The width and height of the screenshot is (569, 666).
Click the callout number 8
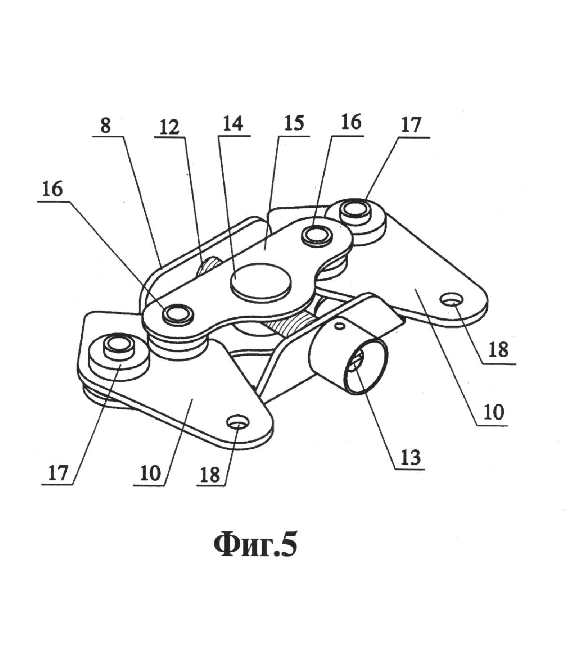coord(105,126)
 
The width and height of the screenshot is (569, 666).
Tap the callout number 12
coord(169,127)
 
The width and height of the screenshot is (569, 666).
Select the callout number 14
coord(233,124)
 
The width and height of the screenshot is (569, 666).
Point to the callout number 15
coord(294,124)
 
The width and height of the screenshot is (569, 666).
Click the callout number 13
coord(411,457)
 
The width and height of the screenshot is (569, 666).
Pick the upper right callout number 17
coord(411,125)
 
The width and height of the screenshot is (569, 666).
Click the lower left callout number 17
coord(58,473)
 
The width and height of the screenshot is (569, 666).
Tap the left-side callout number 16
coord(52,189)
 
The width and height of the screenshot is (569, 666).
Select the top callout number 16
coord(351,122)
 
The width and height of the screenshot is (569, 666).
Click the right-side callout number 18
coord(498,349)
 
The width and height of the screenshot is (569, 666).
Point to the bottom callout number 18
coord(210,475)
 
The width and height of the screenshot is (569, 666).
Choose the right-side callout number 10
coord(494,411)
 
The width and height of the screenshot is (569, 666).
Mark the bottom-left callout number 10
coord(150,474)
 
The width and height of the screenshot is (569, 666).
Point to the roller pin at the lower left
coord(118,347)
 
